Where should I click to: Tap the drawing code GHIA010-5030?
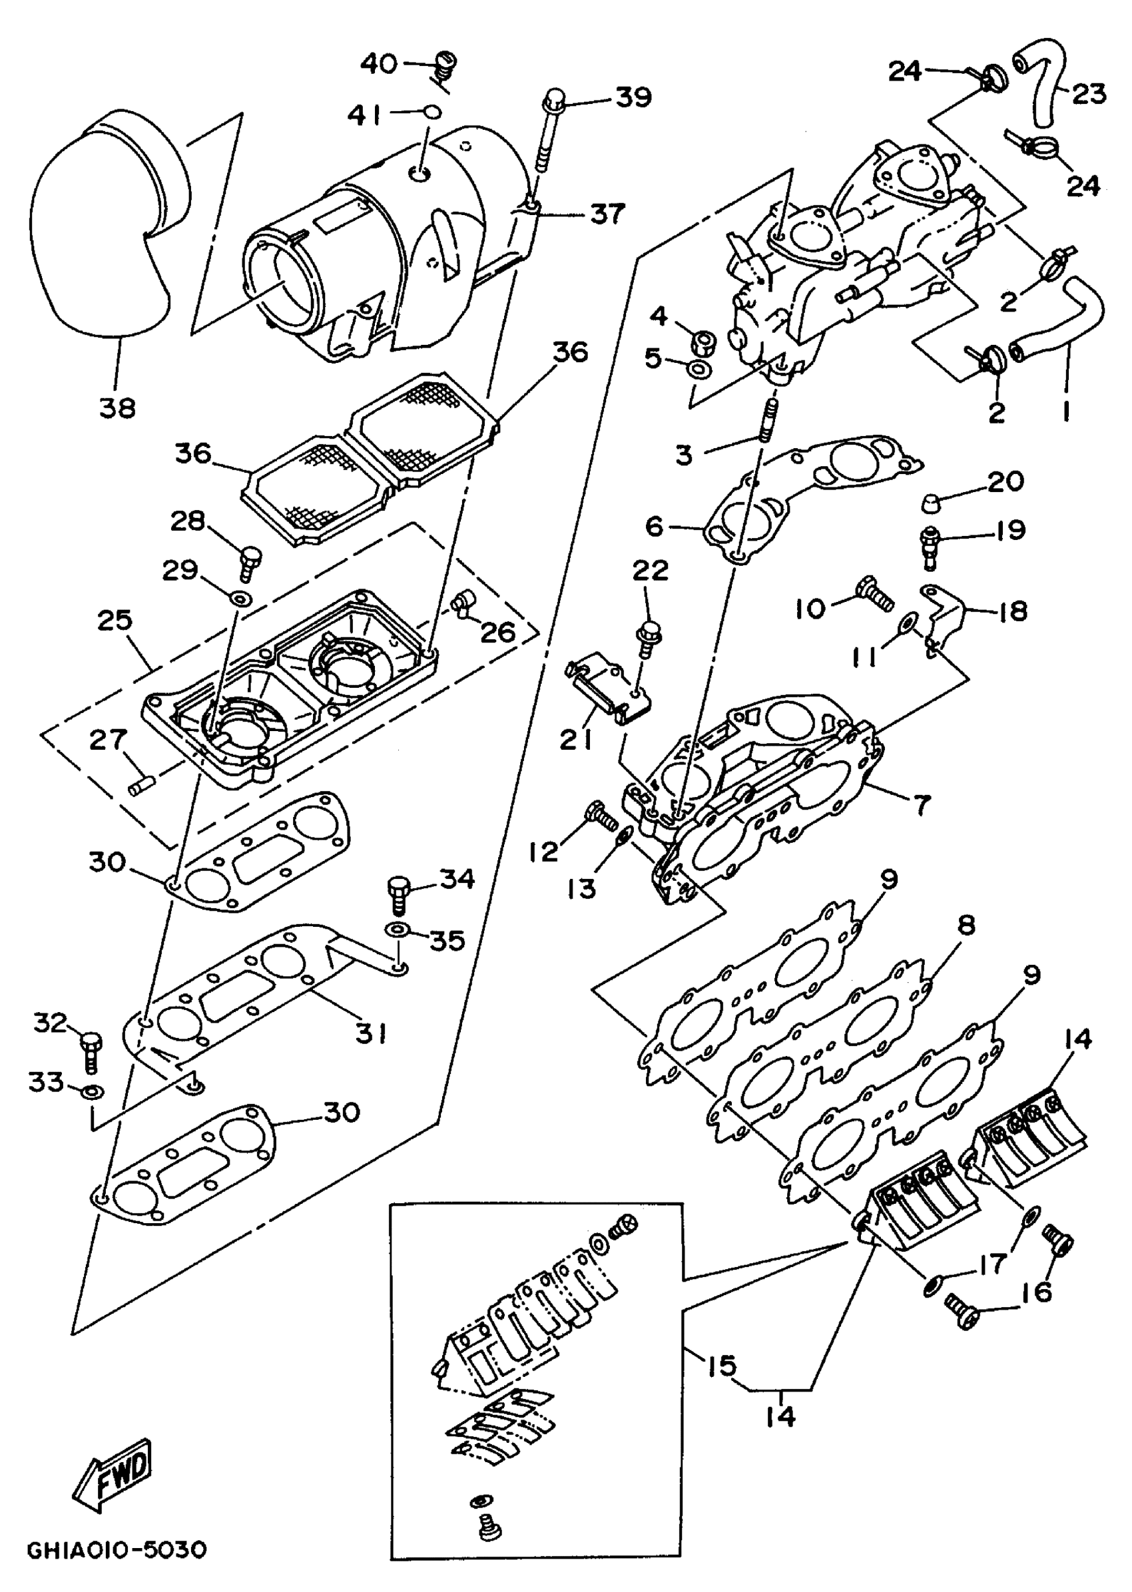(117, 1550)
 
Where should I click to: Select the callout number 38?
(117, 407)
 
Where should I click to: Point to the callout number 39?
(633, 97)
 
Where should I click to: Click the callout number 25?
(115, 620)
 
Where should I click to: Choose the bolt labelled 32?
(91, 1051)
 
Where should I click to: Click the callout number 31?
(371, 1033)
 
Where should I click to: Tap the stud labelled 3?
(768, 421)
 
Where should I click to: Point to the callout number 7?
(922, 805)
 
